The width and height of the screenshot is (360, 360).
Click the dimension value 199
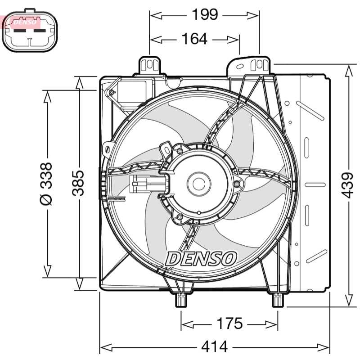[205, 15]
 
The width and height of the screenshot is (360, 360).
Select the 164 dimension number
[194, 39]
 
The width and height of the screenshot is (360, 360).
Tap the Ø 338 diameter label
[46, 184]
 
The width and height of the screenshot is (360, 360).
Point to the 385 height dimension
[78, 183]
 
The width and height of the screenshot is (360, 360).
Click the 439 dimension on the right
[346, 185]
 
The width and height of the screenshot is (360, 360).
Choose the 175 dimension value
[229, 323]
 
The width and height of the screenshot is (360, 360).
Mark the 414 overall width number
[215, 346]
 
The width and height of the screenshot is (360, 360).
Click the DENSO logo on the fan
[201, 259]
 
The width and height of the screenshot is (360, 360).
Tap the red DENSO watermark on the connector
[25, 22]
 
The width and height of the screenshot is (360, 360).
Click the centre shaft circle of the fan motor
[199, 184]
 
